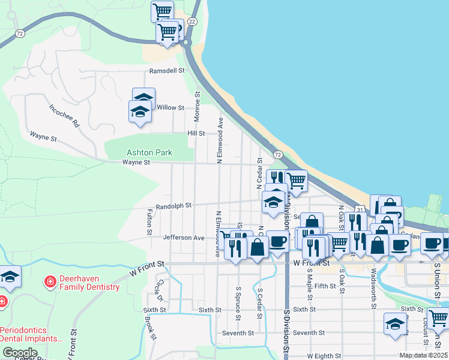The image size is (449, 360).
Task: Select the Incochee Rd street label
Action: point(64,116)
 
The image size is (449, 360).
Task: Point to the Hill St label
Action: point(196,133)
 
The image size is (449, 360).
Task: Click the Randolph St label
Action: point(173,206)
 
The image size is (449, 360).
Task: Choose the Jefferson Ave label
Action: point(184,238)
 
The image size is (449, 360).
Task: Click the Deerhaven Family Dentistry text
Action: point(89,283)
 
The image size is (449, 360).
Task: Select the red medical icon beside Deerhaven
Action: point(50,281)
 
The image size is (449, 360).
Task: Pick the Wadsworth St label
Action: point(373,288)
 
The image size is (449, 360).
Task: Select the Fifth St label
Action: point(325,286)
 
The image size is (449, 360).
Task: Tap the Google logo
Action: point(20,352)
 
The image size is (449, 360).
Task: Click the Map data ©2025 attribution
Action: point(423,355)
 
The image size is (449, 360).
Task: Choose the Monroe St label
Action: point(197,103)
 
